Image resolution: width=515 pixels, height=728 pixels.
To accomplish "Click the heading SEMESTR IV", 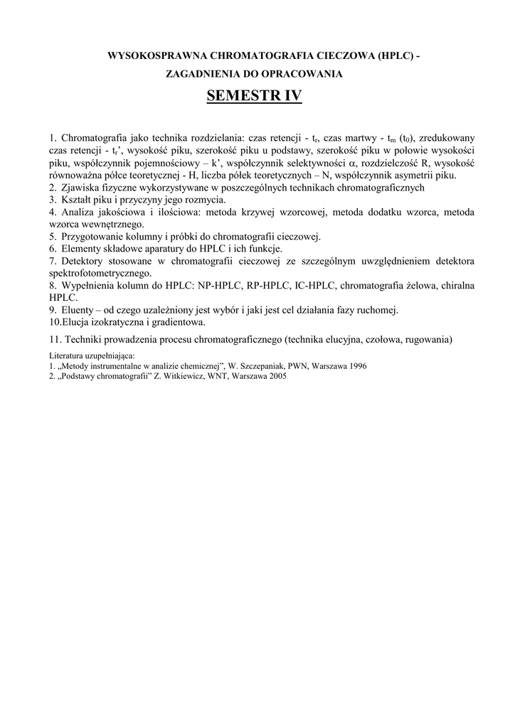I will point(254,96).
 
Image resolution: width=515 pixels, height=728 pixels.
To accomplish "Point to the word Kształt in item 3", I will point(77,200).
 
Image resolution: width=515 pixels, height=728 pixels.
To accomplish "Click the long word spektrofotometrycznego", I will point(100,273).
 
